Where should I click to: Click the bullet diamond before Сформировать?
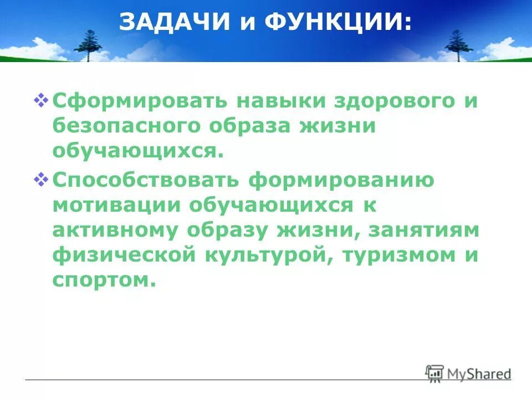[x=42, y=100]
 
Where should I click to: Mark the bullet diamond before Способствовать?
[x=42, y=178]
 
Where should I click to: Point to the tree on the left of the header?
[x=89, y=45]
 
